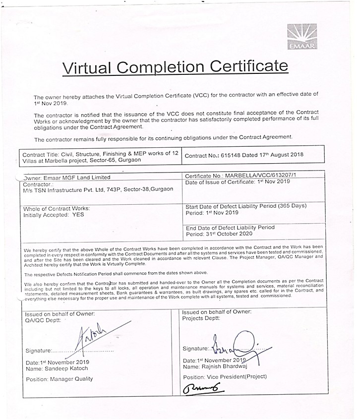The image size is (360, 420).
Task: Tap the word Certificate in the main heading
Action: coord(247,66)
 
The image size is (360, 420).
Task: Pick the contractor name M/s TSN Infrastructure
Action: coord(69,189)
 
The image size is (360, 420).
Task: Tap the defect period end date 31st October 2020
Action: coord(219,234)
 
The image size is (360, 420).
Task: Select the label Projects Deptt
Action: coord(201,318)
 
